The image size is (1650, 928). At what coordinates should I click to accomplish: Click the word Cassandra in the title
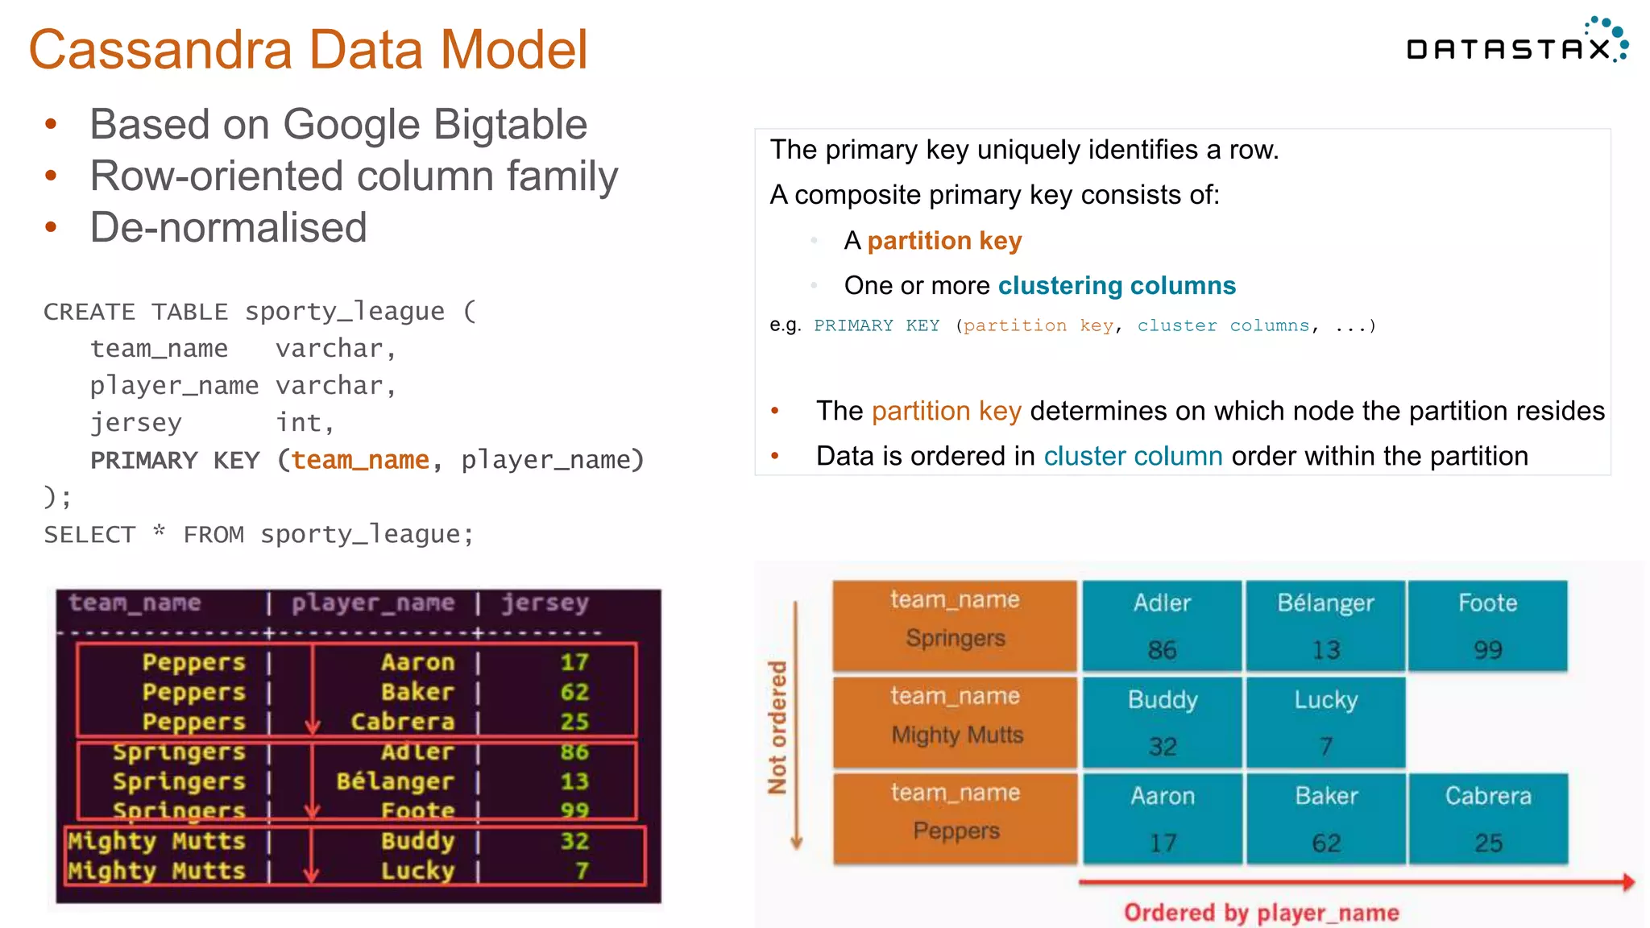tap(160, 50)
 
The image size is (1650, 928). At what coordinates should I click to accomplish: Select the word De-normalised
tap(228, 227)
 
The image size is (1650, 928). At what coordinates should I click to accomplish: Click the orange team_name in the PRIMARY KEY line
tap(360, 460)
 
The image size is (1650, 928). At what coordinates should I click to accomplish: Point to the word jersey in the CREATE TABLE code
tap(135, 423)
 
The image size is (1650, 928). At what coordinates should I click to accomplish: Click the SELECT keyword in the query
tap(89, 535)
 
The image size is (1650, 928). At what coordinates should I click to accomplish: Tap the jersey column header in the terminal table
tap(545, 603)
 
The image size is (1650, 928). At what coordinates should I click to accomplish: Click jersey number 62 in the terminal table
tap(574, 692)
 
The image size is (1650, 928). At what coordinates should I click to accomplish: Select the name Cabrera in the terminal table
tap(403, 722)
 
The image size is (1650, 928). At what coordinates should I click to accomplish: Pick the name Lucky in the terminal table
tap(417, 871)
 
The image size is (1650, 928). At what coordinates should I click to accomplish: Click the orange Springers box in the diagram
tap(955, 625)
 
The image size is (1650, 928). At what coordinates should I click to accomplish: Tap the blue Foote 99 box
tap(1487, 625)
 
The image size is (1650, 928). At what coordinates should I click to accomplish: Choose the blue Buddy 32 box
tap(1162, 722)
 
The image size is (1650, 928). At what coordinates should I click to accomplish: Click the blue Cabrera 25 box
tap(1487, 818)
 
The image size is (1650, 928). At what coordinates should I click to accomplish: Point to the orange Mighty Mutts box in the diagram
tap(955, 722)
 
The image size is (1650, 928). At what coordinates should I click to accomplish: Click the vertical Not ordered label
tap(777, 727)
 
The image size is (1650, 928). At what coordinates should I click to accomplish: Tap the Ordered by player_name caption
tap(1261, 913)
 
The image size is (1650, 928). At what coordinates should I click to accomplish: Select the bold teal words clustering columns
tap(1117, 286)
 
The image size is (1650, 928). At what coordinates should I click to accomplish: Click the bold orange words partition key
tap(944, 241)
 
